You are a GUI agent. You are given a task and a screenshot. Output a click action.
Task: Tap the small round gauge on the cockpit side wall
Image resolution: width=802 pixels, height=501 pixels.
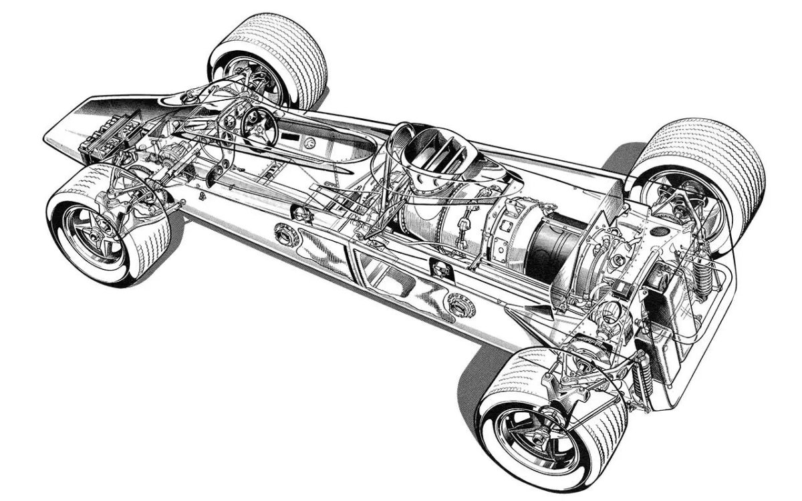click(310, 143)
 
